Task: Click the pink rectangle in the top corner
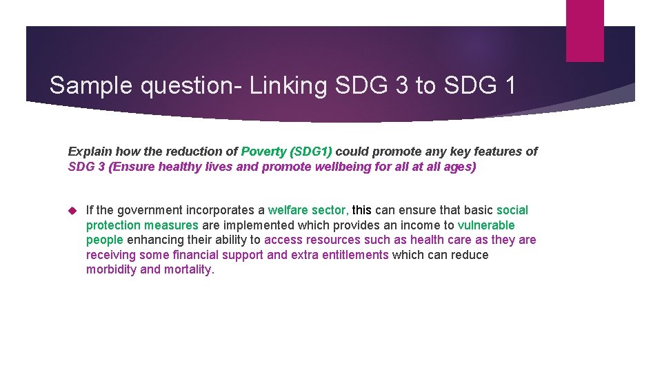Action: (584, 30)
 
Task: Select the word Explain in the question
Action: (90, 152)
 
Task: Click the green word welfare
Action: (288, 210)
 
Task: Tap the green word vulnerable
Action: (485, 225)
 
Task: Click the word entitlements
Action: (354, 255)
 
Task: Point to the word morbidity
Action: (111, 270)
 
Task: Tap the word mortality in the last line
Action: (188, 270)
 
